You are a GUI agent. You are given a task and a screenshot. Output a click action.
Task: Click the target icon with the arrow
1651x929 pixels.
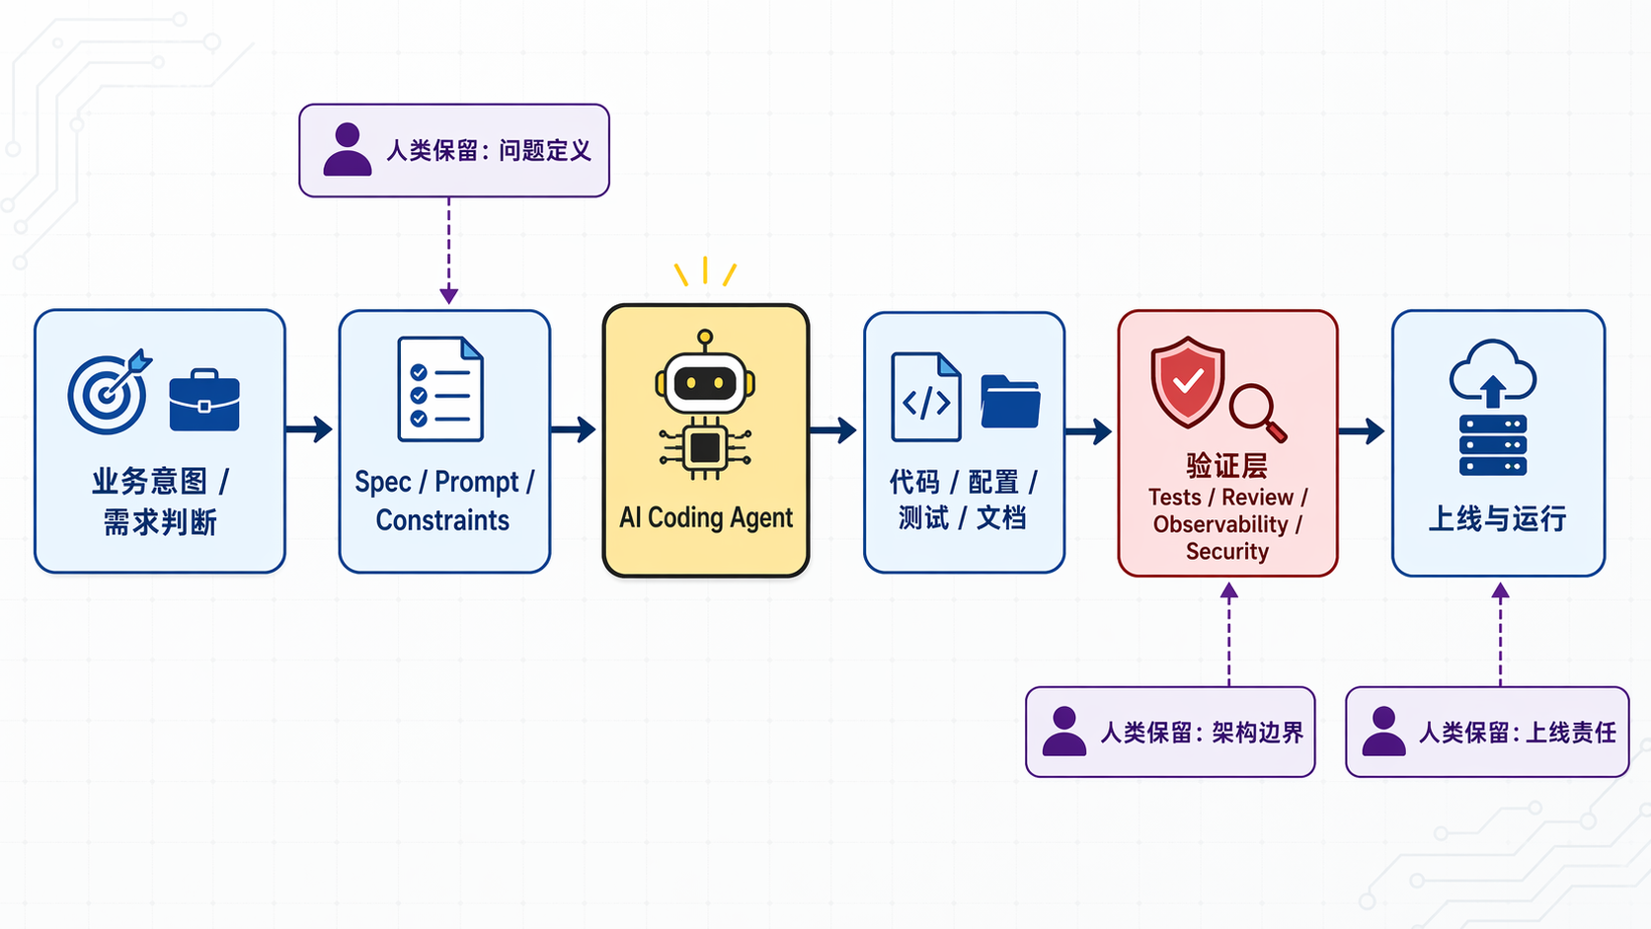pyautogui.click(x=108, y=392)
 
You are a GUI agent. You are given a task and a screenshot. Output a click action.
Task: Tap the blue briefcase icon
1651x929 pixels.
pyautogui.click(x=204, y=401)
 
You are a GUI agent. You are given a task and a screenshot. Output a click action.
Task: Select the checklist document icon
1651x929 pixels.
pyautogui.click(x=440, y=389)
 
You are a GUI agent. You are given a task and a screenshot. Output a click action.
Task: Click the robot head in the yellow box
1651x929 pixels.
pyautogui.click(x=705, y=381)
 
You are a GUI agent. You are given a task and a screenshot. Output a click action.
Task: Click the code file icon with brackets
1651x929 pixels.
pyautogui.click(x=926, y=397)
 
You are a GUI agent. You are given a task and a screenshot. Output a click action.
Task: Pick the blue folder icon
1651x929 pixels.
pyautogui.click(x=1010, y=402)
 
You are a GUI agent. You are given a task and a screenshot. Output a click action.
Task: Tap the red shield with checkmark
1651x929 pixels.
pyautogui.click(x=1188, y=381)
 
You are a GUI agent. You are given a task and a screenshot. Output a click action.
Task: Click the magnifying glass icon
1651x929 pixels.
pyautogui.click(x=1257, y=412)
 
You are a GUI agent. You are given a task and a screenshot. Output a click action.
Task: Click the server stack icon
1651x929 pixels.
pyautogui.click(x=1493, y=445)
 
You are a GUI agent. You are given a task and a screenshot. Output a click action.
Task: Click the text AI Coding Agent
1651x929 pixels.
pyautogui.click(x=705, y=517)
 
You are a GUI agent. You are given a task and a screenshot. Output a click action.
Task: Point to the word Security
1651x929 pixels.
pyautogui.click(x=1226, y=551)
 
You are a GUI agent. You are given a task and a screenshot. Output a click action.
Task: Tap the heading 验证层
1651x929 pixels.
pyautogui.click(x=1226, y=465)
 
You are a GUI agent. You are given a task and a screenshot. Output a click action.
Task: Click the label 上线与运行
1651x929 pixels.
pyautogui.click(x=1497, y=518)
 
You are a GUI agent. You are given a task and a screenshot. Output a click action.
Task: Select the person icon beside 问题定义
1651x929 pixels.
pyautogui.click(x=348, y=150)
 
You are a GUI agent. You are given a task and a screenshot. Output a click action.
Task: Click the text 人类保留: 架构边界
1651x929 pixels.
pyautogui.click(x=1202, y=733)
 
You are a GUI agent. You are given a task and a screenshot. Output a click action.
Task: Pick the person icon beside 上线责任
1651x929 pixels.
pyautogui.click(x=1383, y=732)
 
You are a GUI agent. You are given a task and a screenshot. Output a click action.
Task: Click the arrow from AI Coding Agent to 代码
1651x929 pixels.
pyautogui.click(x=833, y=430)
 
